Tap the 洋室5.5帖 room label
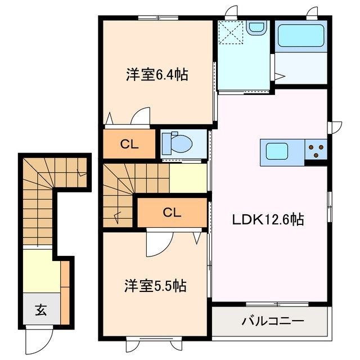155,286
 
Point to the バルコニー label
273,322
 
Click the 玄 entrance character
41,308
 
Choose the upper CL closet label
129,144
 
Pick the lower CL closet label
172,212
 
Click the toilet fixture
179,143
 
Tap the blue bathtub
301,35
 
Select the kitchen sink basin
278,151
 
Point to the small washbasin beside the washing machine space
256,28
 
